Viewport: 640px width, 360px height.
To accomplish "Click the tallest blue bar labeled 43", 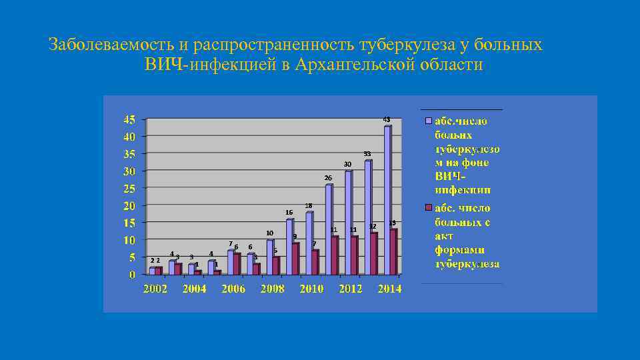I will tap(387, 200).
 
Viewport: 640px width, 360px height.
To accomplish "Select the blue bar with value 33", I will tap(368, 217).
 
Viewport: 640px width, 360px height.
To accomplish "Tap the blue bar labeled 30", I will tap(348, 223).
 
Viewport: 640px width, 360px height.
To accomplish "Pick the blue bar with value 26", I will tap(329, 229).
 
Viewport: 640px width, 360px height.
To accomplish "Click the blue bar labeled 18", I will tap(309, 243).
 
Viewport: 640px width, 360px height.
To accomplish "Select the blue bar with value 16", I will tap(289, 247).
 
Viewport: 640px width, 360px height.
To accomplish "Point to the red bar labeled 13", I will tap(394, 252).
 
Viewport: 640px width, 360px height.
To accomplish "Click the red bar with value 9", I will tap(295, 259).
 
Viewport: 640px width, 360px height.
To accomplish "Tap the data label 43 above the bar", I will tap(387, 119).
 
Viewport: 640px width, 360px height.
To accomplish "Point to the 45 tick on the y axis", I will tap(129, 120).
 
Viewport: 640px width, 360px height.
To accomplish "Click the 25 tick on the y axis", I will tap(129, 189).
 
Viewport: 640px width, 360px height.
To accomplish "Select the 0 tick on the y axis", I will tap(132, 275).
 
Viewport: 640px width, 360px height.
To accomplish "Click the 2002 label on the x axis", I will tap(155, 289).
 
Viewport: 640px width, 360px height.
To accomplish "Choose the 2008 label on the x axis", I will tap(272, 289).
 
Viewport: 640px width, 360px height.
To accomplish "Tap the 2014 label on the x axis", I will tap(389, 289).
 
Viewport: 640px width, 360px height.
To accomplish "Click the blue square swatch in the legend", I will tap(430, 121).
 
